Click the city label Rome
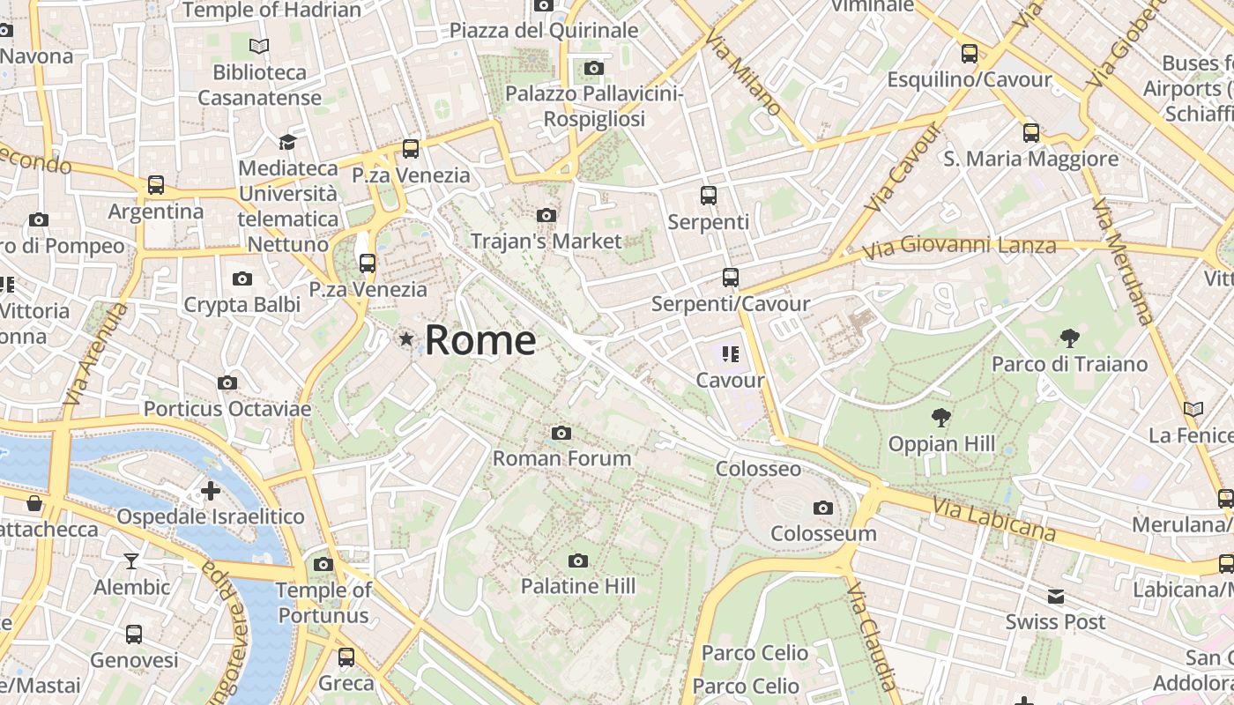480,340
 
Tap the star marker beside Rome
406,338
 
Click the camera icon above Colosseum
823,508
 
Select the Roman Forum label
561,458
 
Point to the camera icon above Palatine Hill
578,560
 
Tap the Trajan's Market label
546,241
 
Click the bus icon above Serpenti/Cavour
731,278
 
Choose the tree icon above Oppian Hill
941,418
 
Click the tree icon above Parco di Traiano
1070,338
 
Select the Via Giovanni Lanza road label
959,246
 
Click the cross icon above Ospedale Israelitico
211,490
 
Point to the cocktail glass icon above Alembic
131,560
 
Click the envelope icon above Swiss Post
1056,597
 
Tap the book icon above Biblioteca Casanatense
259,46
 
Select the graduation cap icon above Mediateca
287,142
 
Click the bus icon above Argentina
156,185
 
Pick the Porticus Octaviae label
227,409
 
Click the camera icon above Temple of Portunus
323,564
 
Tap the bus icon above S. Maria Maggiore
1031,133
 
